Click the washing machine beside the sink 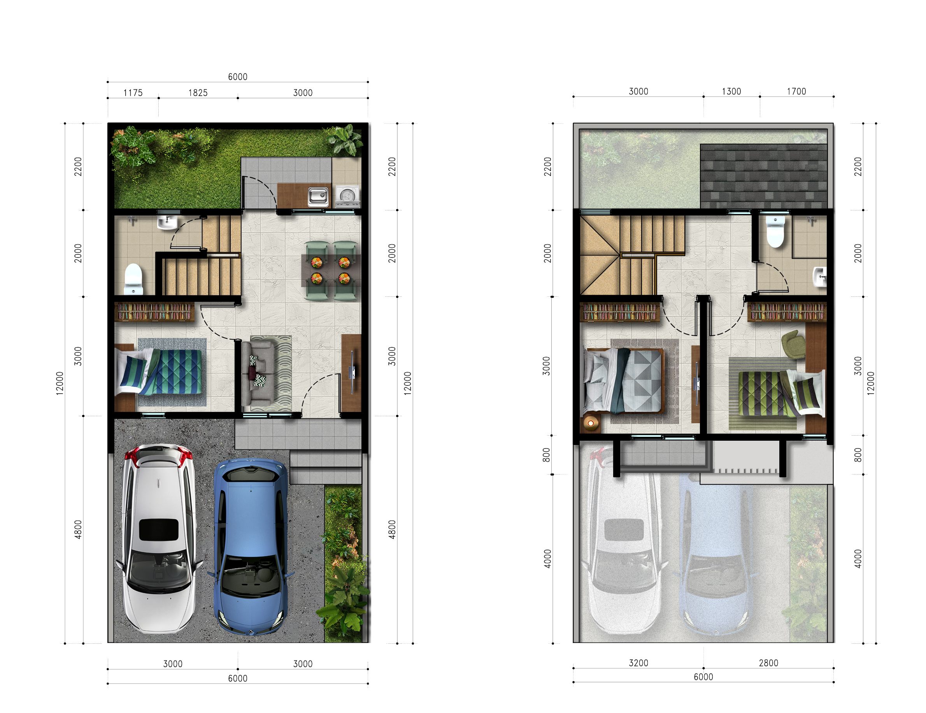pos(348,196)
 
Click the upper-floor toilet pos(775,231)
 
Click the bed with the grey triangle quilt pos(623,380)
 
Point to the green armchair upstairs pos(793,344)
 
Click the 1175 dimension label pos(133,93)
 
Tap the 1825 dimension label pos(198,93)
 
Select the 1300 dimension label pos(731,91)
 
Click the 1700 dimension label pos(796,91)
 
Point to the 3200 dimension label pos(638,663)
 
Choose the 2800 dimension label pos(768,663)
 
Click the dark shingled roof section pos(764,176)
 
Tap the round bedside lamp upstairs pos(590,423)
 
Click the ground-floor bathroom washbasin pos(167,222)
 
